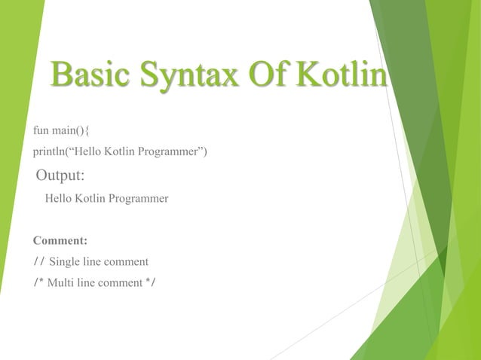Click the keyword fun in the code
click(x=41, y=131)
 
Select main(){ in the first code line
click(x=72, y=131)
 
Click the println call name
click(x=49, y=153)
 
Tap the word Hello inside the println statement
click(x=91, y=153)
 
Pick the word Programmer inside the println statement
click(x=170, y=153)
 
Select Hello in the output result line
click(x=60, y=200)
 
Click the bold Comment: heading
click(x=60, y=242)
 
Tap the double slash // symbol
click(x=39, y=262)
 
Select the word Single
click(x=64, y=262)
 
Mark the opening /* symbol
click(x=38, y=283)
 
